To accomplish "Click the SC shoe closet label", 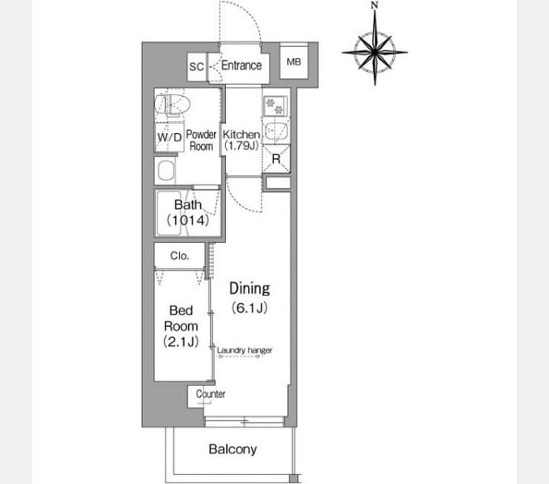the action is (x=196, y=66).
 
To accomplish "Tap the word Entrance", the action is (x=241, y=65).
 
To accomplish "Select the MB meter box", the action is (x=294, y=62).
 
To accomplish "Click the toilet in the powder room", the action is (x=172, y=104).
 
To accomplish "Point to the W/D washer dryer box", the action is (x=170, y=137).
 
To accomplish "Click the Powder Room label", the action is (x=201, y=140).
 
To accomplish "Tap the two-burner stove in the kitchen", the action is (x=275, y=106).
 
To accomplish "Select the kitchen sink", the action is (x=276, y=131).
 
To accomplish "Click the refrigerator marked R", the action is (x=276, y=159).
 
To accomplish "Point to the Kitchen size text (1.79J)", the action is (x=241, y=145).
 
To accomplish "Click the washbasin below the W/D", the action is (x=166, y=171).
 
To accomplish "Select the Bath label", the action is (x=188, y=205).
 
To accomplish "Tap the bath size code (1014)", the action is (x=188, y=220).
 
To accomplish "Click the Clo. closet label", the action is (x=179, y=256).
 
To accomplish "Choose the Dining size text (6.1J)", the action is (x=249, y=308).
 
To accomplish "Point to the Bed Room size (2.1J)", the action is (x=181, y=341).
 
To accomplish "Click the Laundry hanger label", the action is (x=245, y=350).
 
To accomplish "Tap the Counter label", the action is (x=211, y=394).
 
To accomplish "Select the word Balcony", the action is (x=233, y=449).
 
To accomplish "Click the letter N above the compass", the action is (x=375, y=5).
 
